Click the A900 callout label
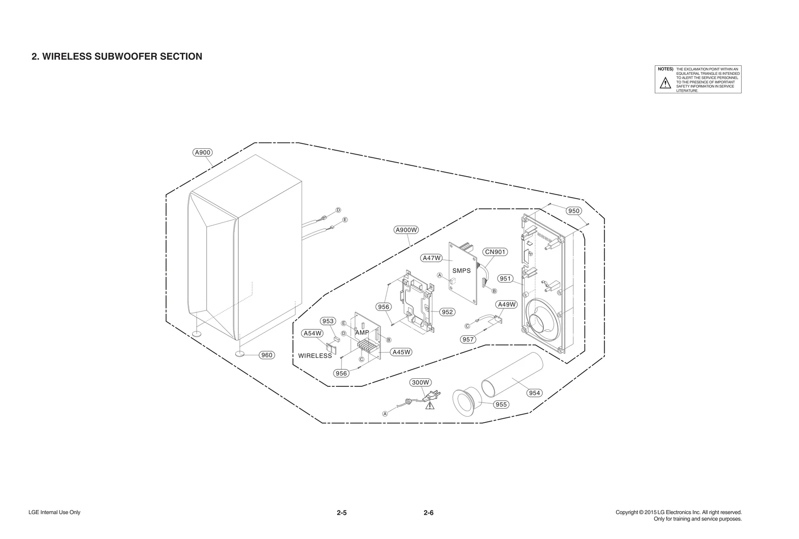click(202, 152)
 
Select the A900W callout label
click(406, 230)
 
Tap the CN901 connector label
click(495, 252)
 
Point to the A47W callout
click(431, 258)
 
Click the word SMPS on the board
click(461, 271)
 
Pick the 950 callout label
click(574, 211)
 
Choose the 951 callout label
click(505, 278)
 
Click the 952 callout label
click(447, 312)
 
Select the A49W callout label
click(507, 304)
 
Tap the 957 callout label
click(468, 339)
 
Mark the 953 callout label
click(328, 321)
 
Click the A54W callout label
click(313, 333)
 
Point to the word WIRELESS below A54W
click(315, 356)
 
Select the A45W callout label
click(401, 352)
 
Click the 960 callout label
click(267, 355)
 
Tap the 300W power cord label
click(420, 382)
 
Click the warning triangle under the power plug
click(429, 406)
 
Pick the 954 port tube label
click(534, 393)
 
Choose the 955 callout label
click(501, 404)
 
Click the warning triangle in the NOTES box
click(665, 83)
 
